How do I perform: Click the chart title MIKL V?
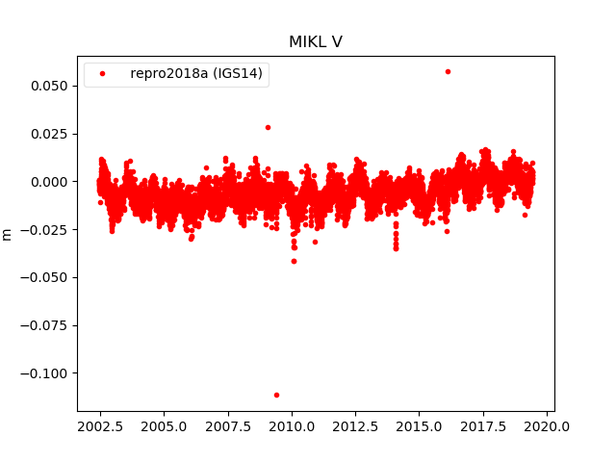(x=316, y=42)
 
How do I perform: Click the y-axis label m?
(x=8, y=234)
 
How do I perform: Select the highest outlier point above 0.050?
(x=448, y=71)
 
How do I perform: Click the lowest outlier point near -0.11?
(x=276, y=395)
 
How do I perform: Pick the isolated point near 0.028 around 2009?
(x=268, y=127)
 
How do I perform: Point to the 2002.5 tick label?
(x=100, y=426)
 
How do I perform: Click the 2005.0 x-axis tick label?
(x=164, y=426)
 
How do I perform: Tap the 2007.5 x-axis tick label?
(x=228, y=426)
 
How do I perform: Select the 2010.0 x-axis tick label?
(x=292, y=426)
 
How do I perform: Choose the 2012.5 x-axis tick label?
(x=355, y=426)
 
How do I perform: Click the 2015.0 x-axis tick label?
(x=420, y=426)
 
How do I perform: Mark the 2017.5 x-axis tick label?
(x=483, y=426)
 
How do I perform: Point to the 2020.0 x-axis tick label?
(x=547, y=426)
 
